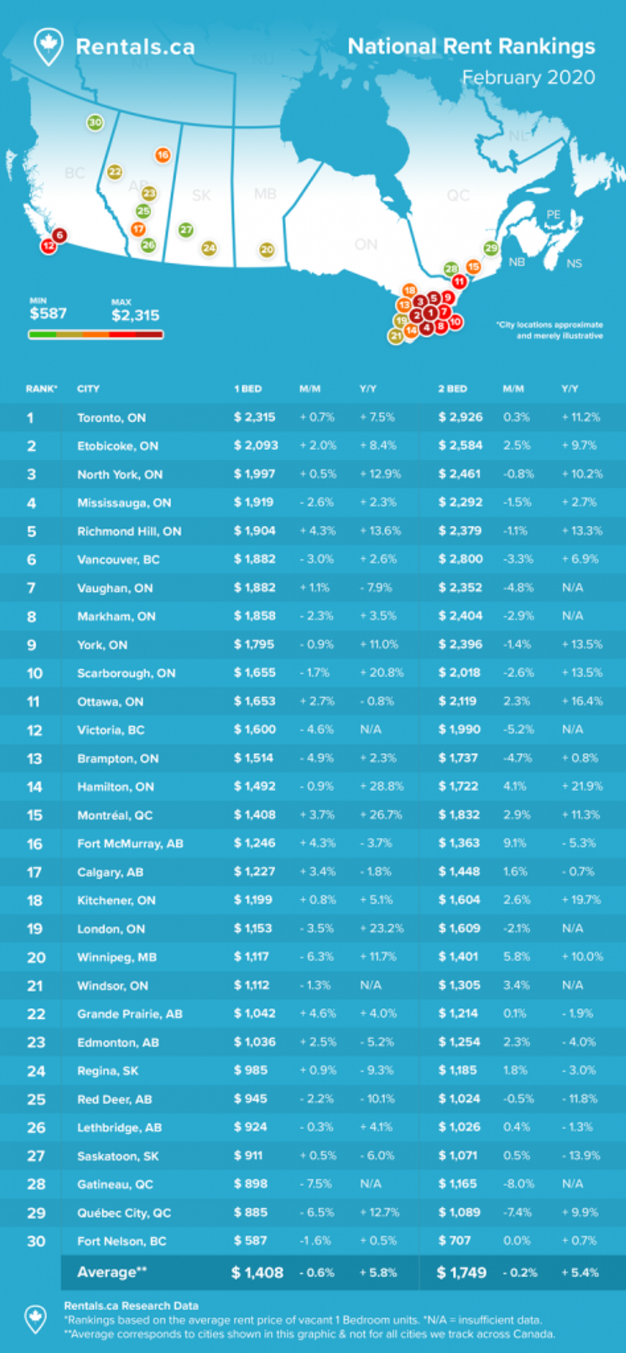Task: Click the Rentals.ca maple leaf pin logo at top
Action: point(48,47)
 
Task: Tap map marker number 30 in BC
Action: point(95,122)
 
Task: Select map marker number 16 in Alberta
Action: point(163,155)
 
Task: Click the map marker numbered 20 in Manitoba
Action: point(267,250)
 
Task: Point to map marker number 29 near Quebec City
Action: point(491,248)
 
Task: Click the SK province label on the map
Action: point(201,195)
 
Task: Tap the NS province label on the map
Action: point(574,263)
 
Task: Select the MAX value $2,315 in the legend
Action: point(135,315)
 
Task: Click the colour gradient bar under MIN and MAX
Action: point(96,334)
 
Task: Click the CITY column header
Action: point(88,389)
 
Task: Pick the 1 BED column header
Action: point(248,389)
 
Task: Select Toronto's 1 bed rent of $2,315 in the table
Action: point(255,417)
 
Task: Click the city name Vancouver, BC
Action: point(118,559)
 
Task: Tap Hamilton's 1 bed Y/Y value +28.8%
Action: point(381,786)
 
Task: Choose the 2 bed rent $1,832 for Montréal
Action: point(459,815)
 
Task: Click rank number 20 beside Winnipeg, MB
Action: point(36,957)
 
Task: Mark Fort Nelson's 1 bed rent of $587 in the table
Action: point(250,1241)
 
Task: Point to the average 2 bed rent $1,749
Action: point(462,1272)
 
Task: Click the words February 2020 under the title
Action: point(528,77)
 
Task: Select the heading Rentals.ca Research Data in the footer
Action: point(131,1306)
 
